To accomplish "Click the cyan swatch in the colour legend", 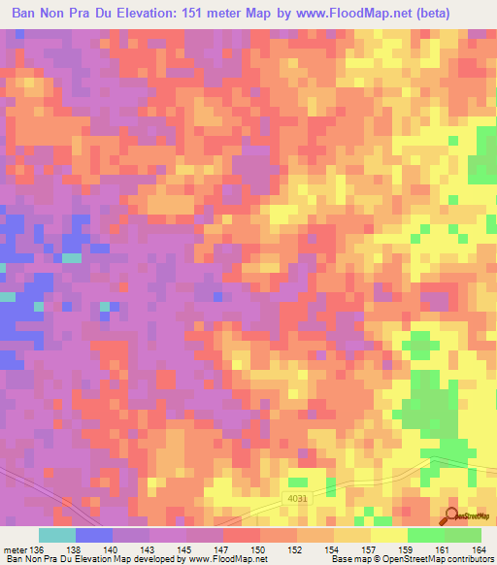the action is [57, 535].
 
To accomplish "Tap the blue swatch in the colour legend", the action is [94, 535].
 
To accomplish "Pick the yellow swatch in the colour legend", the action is [389, 535].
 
